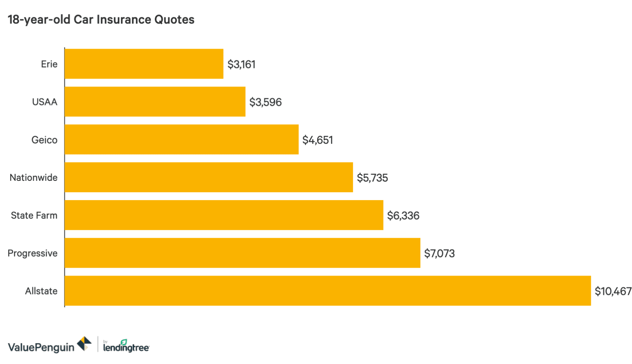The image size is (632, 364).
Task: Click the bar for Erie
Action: pos(144,64)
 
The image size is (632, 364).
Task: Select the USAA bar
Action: pos(155,102)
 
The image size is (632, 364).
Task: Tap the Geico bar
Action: pos(181,140)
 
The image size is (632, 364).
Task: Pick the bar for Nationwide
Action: pos(209,177)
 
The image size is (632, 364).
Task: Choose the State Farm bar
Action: pos(224,215)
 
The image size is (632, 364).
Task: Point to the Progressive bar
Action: pos(242,253)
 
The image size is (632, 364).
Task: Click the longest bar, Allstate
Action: pos(327,291)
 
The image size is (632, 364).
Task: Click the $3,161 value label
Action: pos(241,64)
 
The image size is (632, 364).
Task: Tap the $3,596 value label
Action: pos(265,102)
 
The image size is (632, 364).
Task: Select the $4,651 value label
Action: pos(318,140)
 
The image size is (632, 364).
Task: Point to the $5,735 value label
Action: pos(372,178)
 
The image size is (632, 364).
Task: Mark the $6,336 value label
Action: pos(403,216)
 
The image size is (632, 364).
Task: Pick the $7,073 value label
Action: pos(439,253)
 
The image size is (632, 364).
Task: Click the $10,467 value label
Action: pos(613,291)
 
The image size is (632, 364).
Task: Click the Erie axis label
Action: pos(49,64)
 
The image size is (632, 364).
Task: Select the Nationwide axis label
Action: pos(34,178)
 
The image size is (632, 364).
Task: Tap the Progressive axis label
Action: pos(32,253)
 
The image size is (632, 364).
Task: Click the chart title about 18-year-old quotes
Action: pos(101,20)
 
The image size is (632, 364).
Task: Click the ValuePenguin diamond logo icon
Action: pos(84,343)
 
